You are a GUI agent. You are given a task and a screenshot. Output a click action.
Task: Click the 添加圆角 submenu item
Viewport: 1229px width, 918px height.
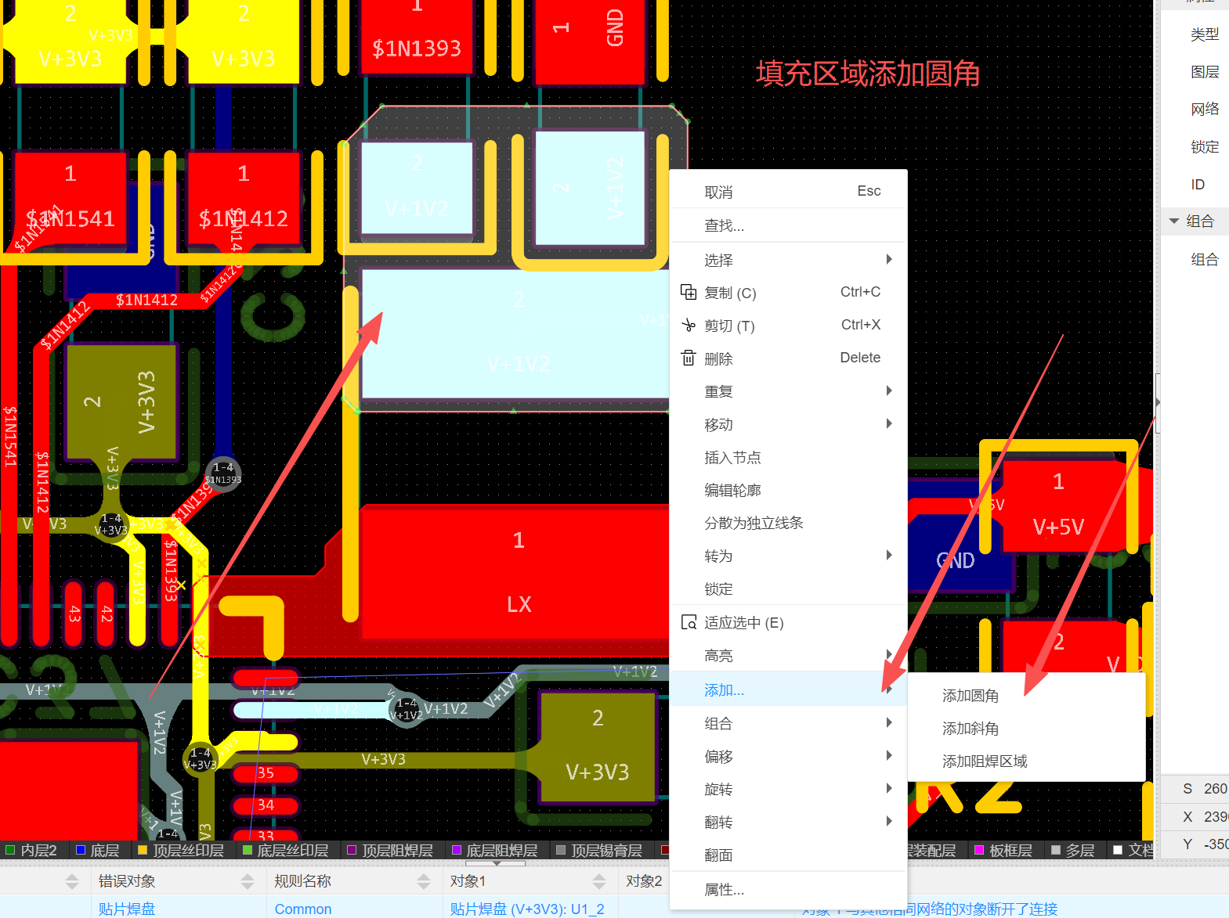pos(970,696)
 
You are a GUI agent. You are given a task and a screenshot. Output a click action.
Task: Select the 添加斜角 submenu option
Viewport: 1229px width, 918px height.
pos(970,729)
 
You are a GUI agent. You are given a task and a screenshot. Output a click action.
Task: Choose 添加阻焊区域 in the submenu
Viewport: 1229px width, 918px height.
pos(984,761)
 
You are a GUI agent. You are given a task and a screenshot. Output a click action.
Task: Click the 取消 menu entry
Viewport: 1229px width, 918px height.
pos(718,193)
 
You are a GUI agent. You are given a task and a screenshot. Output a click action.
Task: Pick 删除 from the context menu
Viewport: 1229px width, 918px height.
pos(718,359)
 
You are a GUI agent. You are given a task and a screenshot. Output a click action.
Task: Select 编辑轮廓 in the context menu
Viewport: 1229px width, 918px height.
pos(732,491)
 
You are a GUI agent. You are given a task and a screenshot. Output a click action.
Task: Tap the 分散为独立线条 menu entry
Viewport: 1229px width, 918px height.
pos(754,524)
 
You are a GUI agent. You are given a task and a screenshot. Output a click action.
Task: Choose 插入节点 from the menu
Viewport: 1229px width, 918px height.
pos(732,458)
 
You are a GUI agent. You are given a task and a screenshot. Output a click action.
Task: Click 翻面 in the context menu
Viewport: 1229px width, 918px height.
pos(718,855)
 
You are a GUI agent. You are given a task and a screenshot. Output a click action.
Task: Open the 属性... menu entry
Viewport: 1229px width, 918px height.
pos(724,890)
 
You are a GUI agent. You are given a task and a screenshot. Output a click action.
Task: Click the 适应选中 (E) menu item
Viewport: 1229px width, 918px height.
pos(743,623)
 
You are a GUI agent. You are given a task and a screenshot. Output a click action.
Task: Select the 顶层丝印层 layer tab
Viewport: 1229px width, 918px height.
pos(188,851)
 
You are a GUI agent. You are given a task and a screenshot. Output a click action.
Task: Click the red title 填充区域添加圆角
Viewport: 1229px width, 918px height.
pos(868,74)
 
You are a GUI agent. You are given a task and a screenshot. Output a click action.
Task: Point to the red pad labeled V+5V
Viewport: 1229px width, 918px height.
pos(1059,509)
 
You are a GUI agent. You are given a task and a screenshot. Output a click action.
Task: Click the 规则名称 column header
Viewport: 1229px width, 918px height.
pos(303,881)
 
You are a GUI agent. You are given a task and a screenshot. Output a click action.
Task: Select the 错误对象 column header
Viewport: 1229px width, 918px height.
pos(127,881)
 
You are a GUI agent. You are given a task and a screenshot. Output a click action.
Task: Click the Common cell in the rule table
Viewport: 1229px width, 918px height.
pos(303,909)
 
